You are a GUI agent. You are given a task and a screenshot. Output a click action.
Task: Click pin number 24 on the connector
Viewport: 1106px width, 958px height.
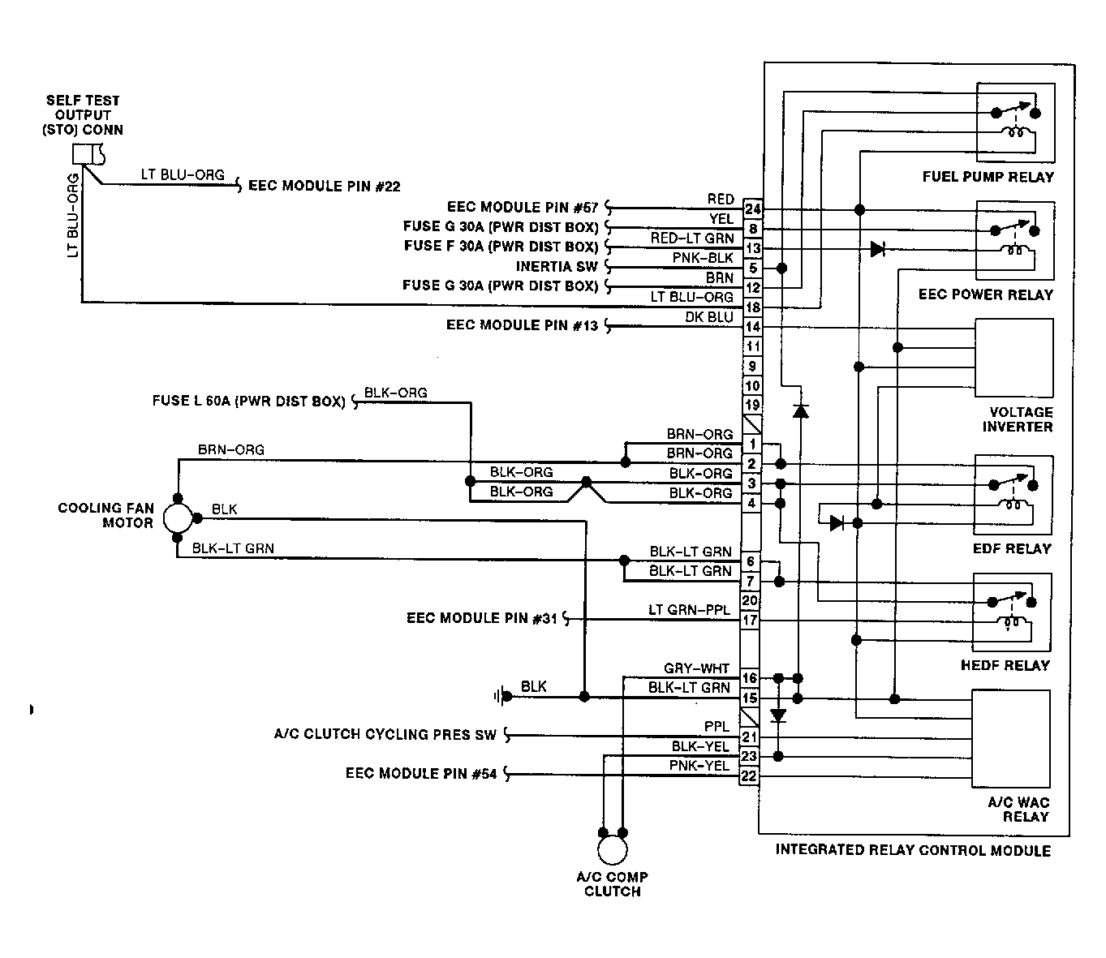[x=752, y=208]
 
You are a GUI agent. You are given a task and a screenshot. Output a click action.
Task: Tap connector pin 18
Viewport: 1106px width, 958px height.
[x=752, y=307]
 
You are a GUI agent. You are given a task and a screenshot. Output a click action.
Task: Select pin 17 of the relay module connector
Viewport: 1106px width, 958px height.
[x=750, y=620]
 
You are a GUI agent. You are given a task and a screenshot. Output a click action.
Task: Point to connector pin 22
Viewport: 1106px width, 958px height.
[x=749, y=775]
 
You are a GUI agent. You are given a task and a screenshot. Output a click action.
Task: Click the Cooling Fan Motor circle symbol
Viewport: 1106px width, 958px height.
[x=178, y=518]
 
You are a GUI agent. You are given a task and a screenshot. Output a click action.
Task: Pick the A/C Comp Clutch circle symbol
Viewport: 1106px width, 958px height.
[x=612, y=849]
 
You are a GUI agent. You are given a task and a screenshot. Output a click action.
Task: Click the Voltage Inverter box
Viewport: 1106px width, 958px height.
[x=1014, y=358]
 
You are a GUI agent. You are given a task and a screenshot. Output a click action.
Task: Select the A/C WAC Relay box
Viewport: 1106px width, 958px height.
[x=1011, y=739]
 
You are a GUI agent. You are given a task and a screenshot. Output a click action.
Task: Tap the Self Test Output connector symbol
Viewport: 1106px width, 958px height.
[x=88, y=155]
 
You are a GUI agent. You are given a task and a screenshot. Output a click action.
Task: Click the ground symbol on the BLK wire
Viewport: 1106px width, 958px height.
[x=502, y=697]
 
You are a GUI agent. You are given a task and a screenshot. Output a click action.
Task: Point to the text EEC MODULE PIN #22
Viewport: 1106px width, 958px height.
[x=325, y=186]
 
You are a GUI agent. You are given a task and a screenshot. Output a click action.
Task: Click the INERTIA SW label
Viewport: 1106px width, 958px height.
[x=557, y=266]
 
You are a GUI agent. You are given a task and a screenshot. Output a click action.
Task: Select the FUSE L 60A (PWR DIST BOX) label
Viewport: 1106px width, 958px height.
[x=249, y=402]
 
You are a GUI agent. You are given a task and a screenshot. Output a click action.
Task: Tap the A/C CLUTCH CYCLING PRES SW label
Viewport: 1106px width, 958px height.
[x=385, y=734]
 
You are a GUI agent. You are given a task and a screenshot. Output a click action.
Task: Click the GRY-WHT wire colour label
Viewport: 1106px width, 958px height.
[x=696, y=668]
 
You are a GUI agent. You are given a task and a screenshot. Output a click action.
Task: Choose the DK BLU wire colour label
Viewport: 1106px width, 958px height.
[x=709, y=317]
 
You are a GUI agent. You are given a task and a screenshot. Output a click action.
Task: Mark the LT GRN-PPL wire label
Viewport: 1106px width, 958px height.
[x=689, y=610]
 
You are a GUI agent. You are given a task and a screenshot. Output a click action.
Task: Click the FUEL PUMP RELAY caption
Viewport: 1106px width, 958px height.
[x=988, y=177]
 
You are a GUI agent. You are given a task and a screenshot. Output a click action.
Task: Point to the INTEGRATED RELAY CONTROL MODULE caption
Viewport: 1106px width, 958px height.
[x=913, y=850]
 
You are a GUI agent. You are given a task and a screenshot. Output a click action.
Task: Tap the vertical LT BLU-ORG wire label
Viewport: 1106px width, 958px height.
[x=73, y=215]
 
